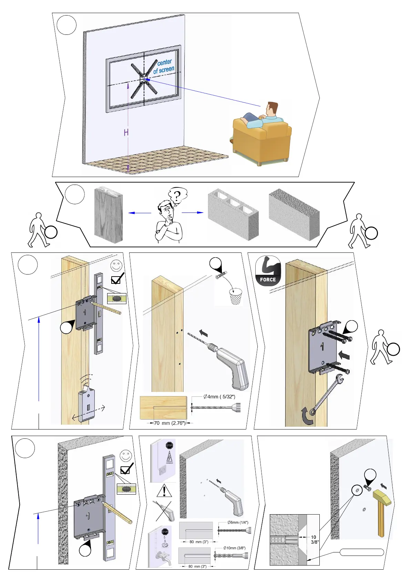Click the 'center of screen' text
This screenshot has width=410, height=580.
[x=164, y=66]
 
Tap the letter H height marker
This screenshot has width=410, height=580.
[x=126, y=133]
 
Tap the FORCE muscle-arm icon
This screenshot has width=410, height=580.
[x=268, y=271]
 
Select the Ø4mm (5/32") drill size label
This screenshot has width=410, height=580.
[x=219, y=396]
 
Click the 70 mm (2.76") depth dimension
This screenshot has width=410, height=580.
[x=170, y=423]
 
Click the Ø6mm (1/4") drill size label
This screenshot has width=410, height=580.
[x=238, y=522]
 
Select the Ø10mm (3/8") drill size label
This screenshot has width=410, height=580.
[x=234, y=548]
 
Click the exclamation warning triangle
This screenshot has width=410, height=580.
[x=164, y=490]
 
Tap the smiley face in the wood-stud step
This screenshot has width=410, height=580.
[x=116, y=266]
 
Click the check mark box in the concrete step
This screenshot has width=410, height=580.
[x=125, y=469]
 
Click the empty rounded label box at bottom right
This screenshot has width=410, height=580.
[x=362, y=552]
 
